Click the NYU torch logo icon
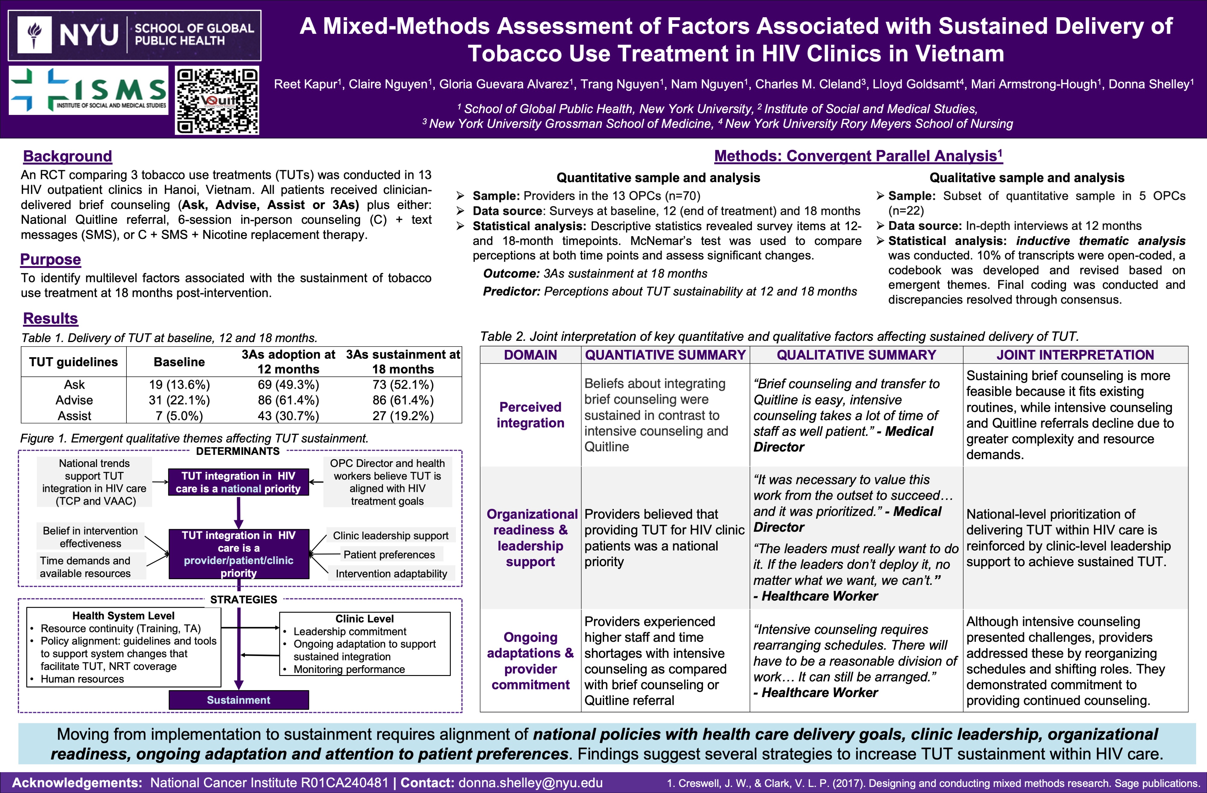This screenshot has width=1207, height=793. pos(34,34)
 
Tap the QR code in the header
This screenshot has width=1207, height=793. pos(217,101)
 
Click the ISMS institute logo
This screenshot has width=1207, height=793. pos(89,90)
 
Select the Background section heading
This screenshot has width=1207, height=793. pos(68,156)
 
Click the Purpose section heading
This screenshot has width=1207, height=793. pos(50,259)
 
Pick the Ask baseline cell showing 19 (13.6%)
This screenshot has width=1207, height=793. pos(179,385)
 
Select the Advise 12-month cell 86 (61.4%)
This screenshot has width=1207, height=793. pos(288,400)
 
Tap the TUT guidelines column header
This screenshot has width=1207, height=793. pos(74,362)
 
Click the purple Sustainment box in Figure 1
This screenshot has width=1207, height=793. pos(238,700)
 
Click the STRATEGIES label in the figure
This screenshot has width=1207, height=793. pos(244,599)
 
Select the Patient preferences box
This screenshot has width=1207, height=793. pos(389,555)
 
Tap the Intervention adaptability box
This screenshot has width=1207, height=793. pos(391,573)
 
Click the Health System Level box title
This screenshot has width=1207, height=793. pos(123,616)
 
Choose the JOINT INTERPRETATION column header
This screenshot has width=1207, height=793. pos(1075,355)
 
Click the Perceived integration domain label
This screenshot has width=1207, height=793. pos(530,415)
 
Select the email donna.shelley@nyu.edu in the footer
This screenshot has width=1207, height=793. pos(530,782)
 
